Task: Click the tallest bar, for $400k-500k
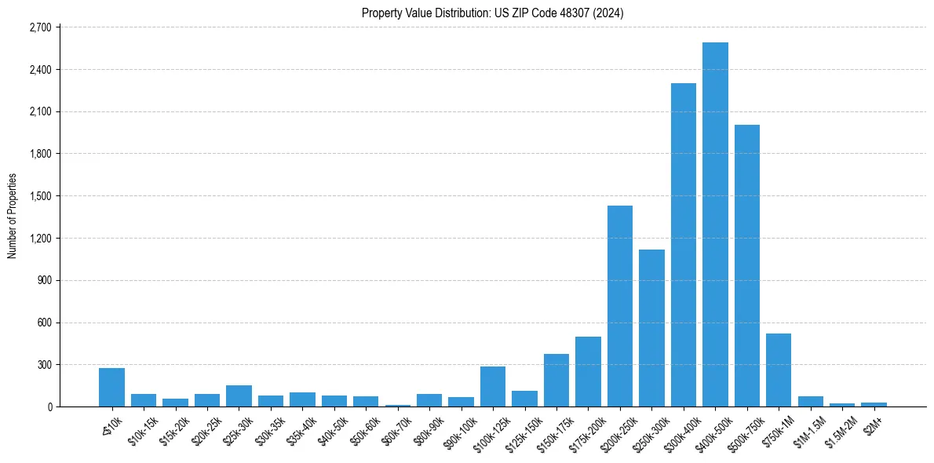(x=715, y=225)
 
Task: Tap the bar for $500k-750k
(x=746, y=266)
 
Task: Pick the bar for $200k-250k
(x=620, y=306)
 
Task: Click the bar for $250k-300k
(x=651, y=328)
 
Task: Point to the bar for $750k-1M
(x=779, y=370)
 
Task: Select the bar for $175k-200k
(x=588, y=372)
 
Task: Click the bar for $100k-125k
(x=493, y=387)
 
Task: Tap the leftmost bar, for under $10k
(x=111, y=388)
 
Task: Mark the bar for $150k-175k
(x=556, y=381)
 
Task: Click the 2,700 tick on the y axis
(x=40, y=27)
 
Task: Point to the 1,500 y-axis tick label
(x=40, y=196)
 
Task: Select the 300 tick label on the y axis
(x=43, y=365)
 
